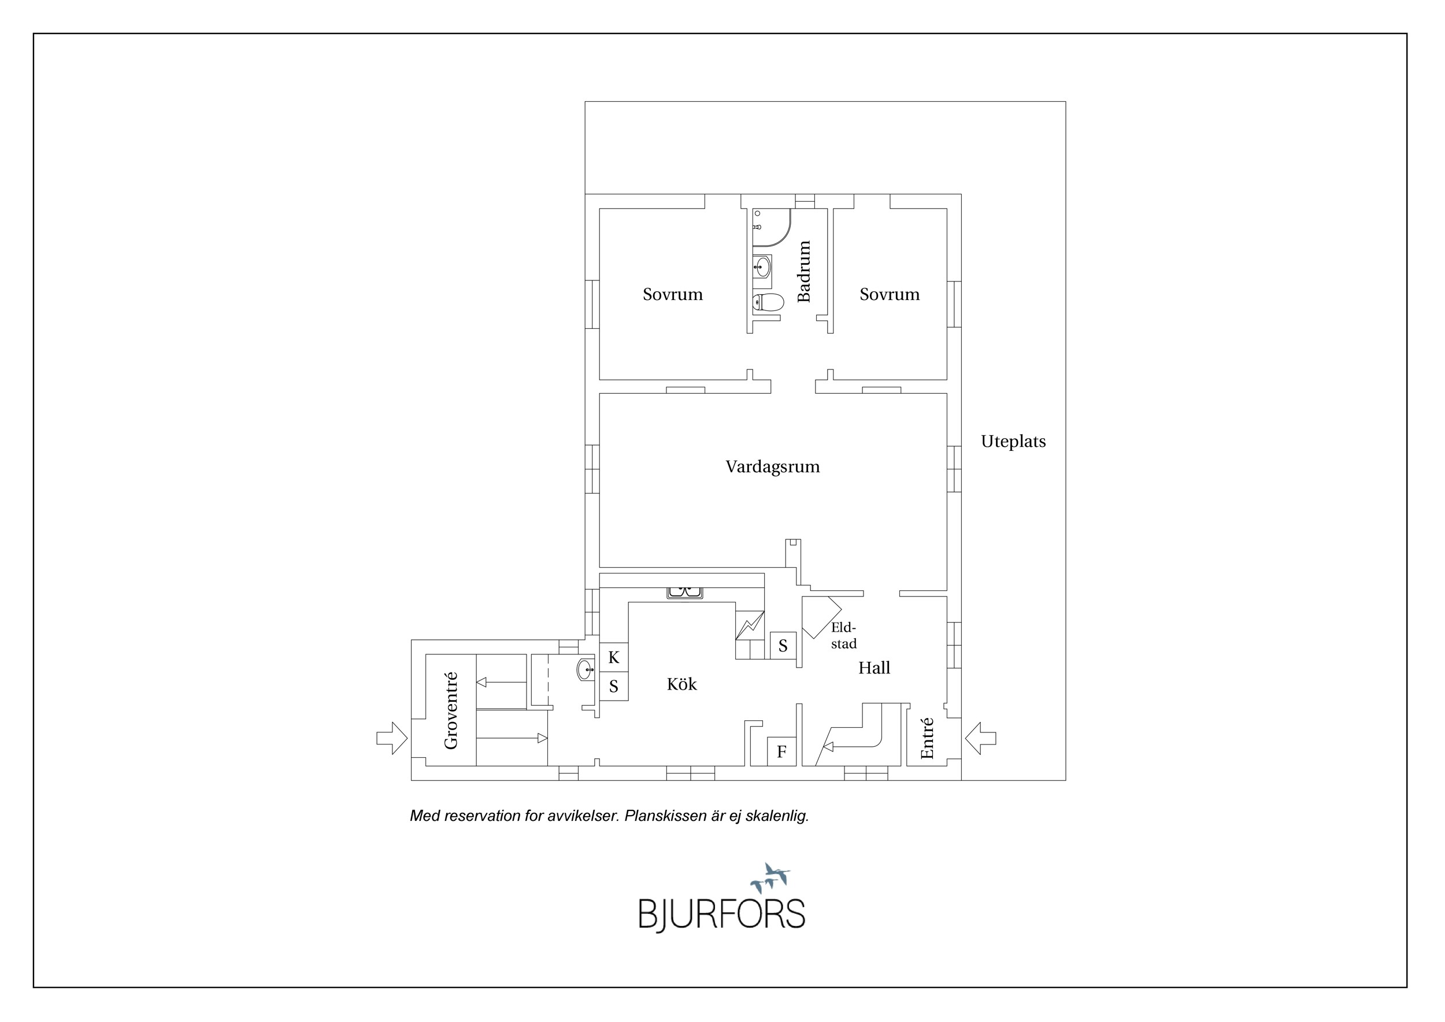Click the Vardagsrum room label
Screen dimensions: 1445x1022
coord(772,467)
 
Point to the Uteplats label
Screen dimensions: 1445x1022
coord(1013,442)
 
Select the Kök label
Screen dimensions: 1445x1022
coord(681,684)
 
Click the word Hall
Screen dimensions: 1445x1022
coord(874,668)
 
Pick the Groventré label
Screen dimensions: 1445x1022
coord(451,710)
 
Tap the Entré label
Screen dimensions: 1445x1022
coord(927,738)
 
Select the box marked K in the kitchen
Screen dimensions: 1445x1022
coord(614,658)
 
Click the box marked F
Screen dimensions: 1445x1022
coord(781,751)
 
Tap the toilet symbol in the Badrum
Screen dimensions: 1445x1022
coord(768,303)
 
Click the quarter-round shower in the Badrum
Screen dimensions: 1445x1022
coord(771,227)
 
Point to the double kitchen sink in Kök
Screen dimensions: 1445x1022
coord(685,592)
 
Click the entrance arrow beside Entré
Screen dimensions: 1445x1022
coord(980,738)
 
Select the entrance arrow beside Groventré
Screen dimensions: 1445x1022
coord(392,738)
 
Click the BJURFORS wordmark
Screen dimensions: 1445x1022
coord(722,914)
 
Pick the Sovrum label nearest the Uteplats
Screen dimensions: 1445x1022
coord(890,294)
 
